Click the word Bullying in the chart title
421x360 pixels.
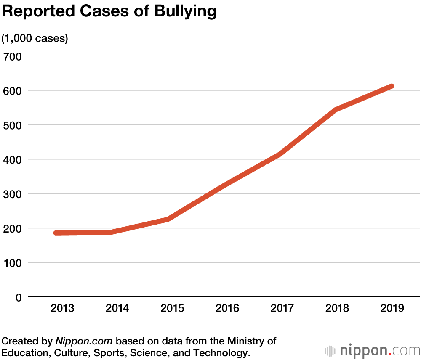(x=185, y=12)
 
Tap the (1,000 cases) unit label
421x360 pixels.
(x=35, y=38)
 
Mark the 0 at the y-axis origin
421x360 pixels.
(x=19, y=297)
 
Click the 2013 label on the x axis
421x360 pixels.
(x=62, y=308)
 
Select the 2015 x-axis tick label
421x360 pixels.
(x=172, y=308)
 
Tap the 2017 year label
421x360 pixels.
(x=282, y=308)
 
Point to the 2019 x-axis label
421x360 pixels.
(x=392, y=308)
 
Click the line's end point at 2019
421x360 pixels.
(x=392, y=86)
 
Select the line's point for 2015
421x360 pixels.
(x=168, y=219)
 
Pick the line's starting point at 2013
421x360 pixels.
(x=56, y=233)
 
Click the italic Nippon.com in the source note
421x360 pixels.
(x=85, y=341)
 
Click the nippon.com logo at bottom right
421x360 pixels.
(x=372, y=350)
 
